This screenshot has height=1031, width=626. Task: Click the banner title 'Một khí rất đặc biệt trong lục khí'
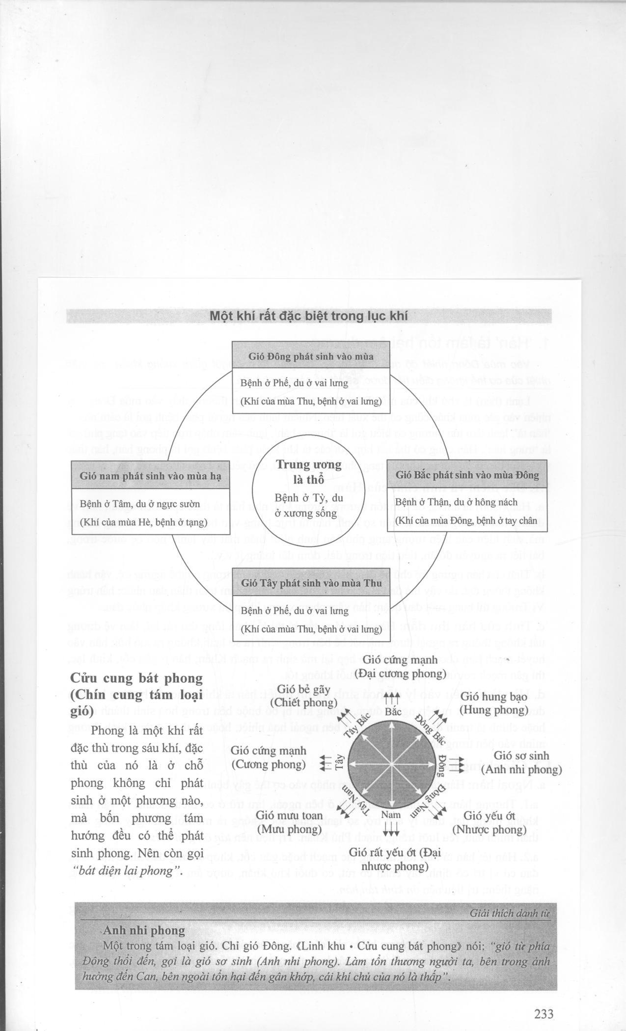tap(309, 316)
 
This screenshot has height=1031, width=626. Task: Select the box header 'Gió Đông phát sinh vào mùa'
tap(311, 356)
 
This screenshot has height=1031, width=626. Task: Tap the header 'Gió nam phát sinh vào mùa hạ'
tap(150, 476)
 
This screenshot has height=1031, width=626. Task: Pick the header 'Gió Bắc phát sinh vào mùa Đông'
tap(467, 475)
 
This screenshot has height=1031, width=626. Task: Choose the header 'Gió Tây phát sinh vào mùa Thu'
tap(310, 583)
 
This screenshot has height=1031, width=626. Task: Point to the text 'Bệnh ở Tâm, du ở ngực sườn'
tap(140, 504)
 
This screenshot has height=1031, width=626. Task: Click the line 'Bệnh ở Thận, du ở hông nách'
tap(456, 502)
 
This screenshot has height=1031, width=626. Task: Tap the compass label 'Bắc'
tap(393, 711)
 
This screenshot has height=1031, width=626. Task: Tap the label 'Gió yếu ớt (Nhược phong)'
tap(489, 823)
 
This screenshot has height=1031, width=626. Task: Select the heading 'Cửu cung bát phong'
tap(136, 678)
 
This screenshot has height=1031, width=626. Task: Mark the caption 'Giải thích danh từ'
tap(510, 914)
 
